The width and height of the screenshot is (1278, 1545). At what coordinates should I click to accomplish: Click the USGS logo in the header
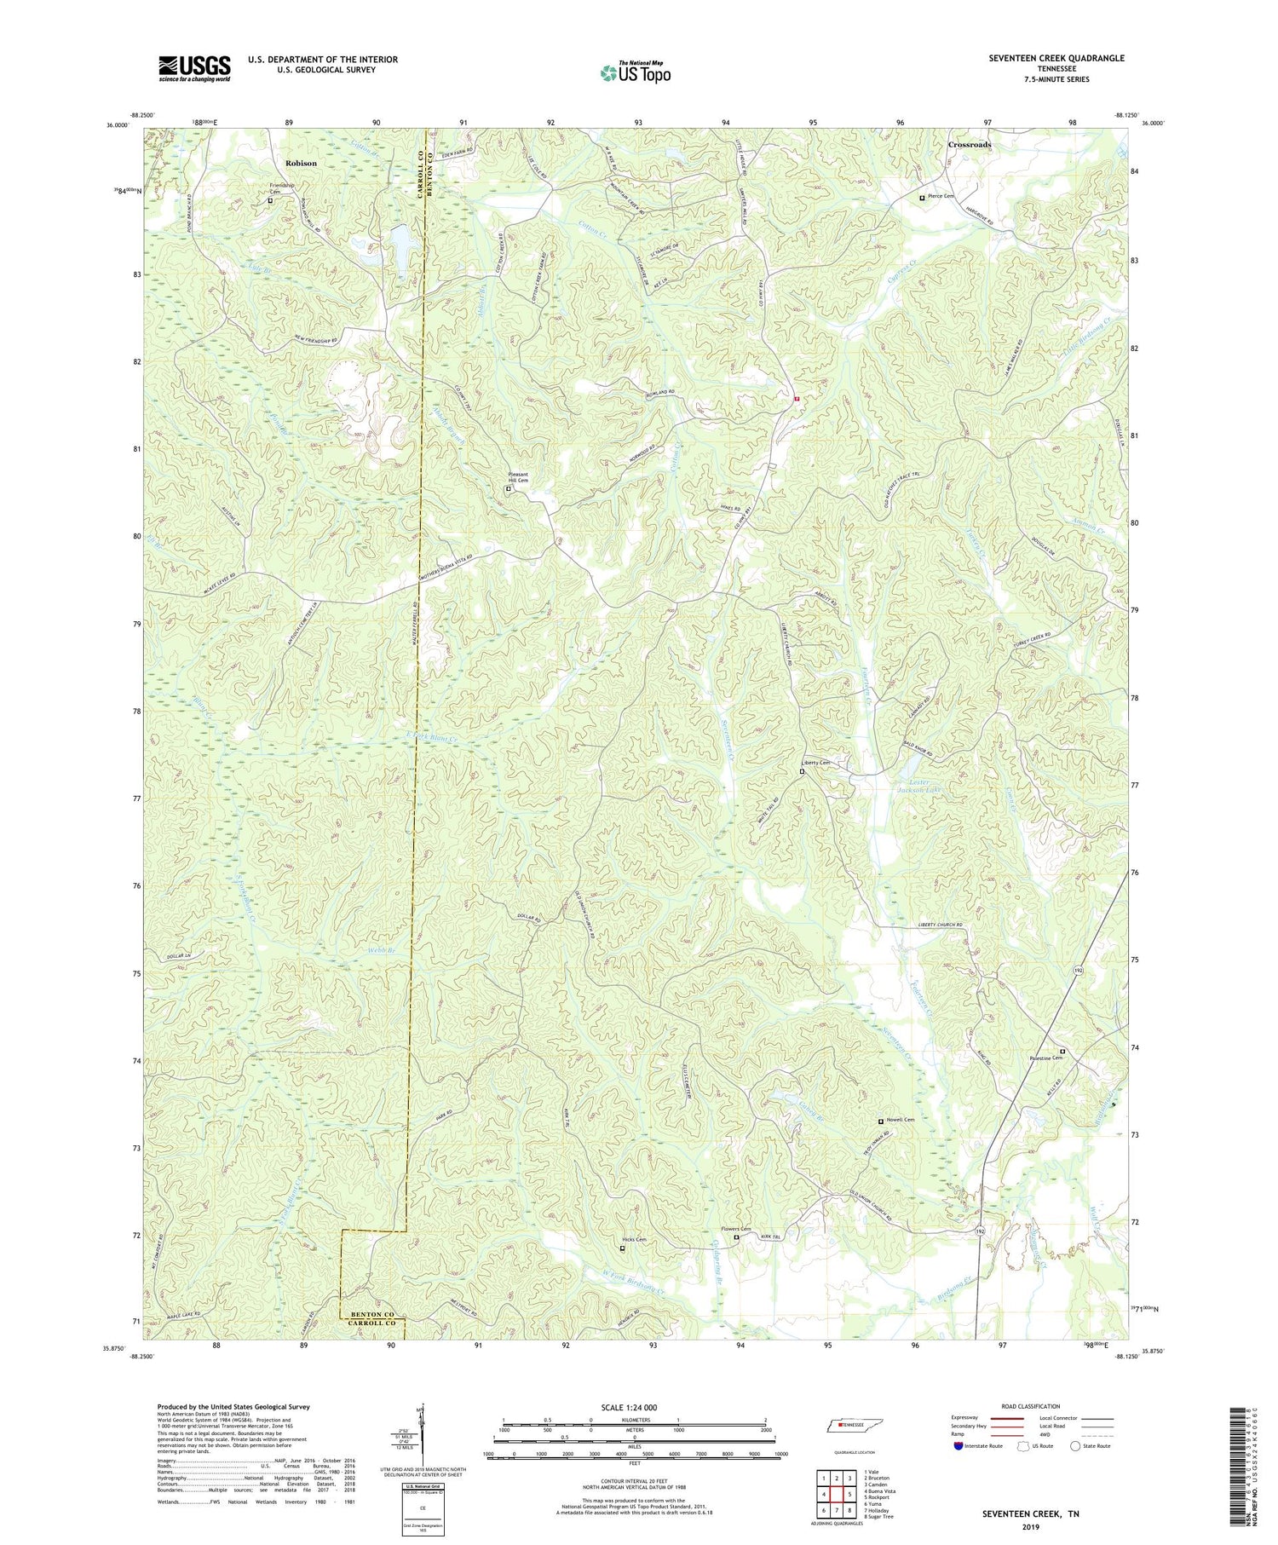(194, 68)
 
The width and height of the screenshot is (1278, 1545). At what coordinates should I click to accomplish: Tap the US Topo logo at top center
(635, 72)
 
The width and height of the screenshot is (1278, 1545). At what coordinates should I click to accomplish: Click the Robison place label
(301, 163)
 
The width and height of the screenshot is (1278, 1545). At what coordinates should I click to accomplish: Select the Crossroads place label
(970, 145)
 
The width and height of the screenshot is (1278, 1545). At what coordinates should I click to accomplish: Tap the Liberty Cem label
(818, 763)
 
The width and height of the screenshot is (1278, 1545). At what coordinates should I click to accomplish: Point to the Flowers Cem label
(736, 1229)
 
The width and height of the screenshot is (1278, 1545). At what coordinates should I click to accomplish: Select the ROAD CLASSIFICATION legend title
(1031, 1406)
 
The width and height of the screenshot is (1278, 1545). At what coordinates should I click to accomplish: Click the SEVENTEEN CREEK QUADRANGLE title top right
(1045, 58)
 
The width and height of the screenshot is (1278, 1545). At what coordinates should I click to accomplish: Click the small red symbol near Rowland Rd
(797, 398)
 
